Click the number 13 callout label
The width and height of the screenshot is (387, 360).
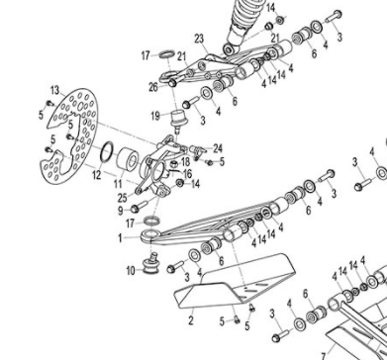click(x=55, y=90)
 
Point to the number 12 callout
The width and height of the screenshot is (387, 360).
click(x=96, y=175)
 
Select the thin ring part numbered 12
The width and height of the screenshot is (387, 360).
click(x=107, y=152)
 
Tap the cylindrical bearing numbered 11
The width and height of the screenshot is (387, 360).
click(x=128, y=160)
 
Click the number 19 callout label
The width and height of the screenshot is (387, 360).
click(x=155, y=116)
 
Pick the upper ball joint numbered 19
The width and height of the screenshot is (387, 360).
click(x=178, y=120)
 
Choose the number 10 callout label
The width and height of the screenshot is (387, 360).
click(x=131, y=271)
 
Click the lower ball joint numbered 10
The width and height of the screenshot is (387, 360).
click(x=150, y=263)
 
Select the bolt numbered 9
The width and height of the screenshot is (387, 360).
click(x=140, y=208)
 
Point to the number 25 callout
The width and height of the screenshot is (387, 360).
click(x=122, y=198)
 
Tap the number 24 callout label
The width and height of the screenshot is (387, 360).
click(x=218, y=148)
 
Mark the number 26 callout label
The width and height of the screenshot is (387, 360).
click(x=153, y=87)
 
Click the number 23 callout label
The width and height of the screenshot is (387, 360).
click(x=199, y=40)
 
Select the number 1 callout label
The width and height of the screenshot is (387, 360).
click(x=121, y=238)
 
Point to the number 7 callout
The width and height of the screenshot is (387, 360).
click(x=324, y=356)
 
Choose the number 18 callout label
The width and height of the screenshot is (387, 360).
click(x=186, y=162)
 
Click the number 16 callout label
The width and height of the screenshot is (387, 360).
click(x=188, y=173)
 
